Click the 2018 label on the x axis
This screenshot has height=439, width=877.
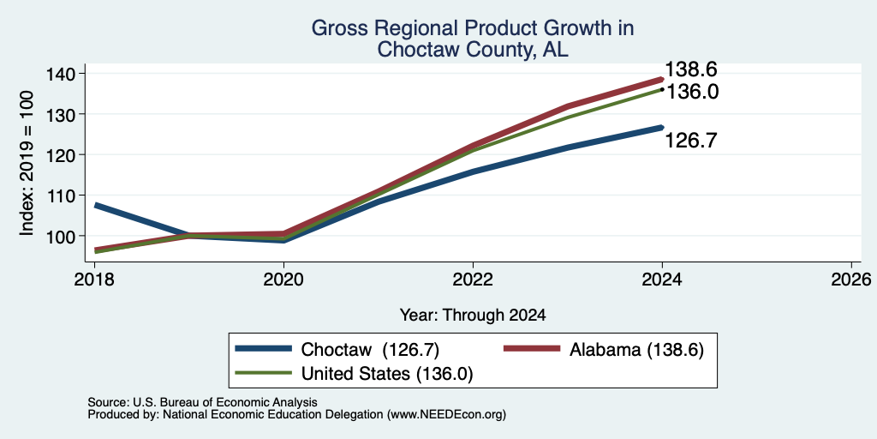pyautogui.click(x=94, y=279)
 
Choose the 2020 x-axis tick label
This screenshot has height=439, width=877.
pyautogui.click(x=283, y=279)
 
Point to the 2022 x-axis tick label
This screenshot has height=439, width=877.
pyautogui.click(x=473, y=279)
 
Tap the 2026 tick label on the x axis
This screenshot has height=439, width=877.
pyautogui.click(x=851, y=279)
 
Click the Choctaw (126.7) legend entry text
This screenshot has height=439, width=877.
pyautogui.click(x=370, y=350)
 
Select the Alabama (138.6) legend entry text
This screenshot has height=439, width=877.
pyautogui.click(x=636, y=350)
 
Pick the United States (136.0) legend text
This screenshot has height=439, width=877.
pyautogui.click(x=387, y=374)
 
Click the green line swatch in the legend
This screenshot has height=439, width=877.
pyautogui.click(x=264, y=373)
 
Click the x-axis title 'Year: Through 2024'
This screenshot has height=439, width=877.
pyautogui.click(x=473, y=316)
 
